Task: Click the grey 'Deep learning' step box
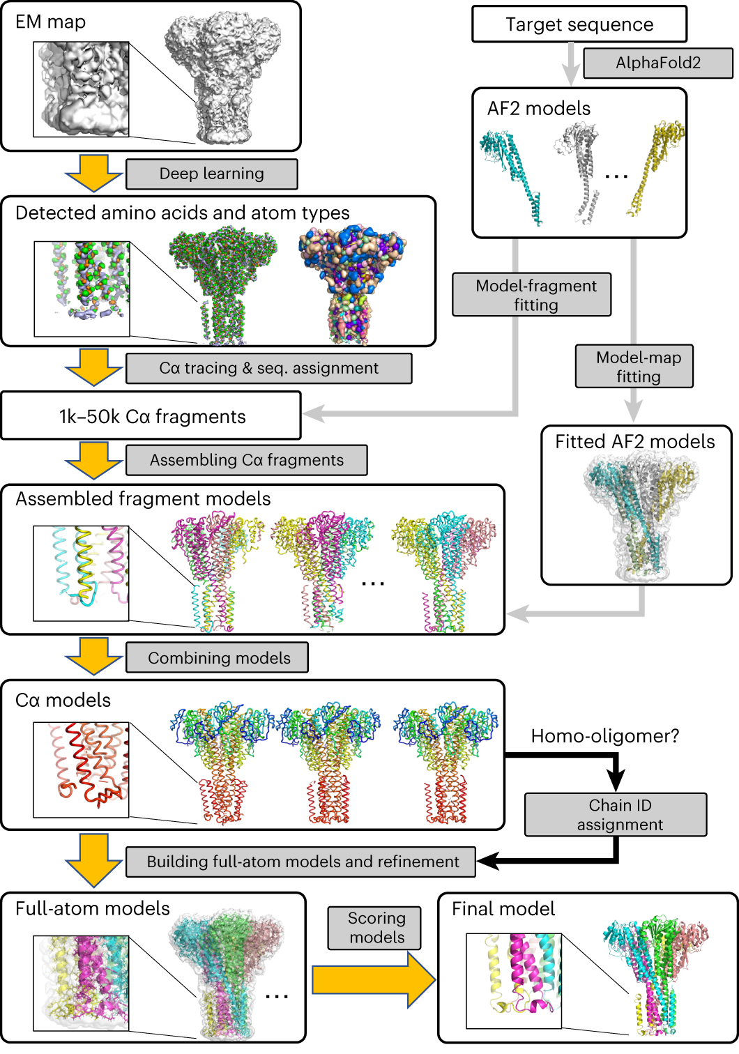pos(211,174)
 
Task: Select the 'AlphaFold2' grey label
pos(657,63)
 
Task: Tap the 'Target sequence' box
pos(579,24)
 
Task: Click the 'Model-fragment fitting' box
pos(532,295)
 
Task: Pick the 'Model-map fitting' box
pos(634,367)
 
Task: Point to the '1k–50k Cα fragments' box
pos(151,416)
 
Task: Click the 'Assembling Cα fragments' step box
pos(246,460)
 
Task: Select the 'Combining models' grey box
pos(217,658)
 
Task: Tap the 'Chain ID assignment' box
pos(616,815)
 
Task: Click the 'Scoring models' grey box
pos(375,928)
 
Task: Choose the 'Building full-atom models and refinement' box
pos(301,862)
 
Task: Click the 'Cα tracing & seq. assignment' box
pos(268,369)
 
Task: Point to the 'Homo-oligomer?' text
pos(604,736)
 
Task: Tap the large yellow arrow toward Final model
pos(373,980)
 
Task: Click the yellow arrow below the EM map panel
pos(94,174)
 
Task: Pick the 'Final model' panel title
pos(503,909)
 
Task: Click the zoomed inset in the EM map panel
pos(81,89)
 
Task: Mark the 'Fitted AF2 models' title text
pos(635,442)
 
